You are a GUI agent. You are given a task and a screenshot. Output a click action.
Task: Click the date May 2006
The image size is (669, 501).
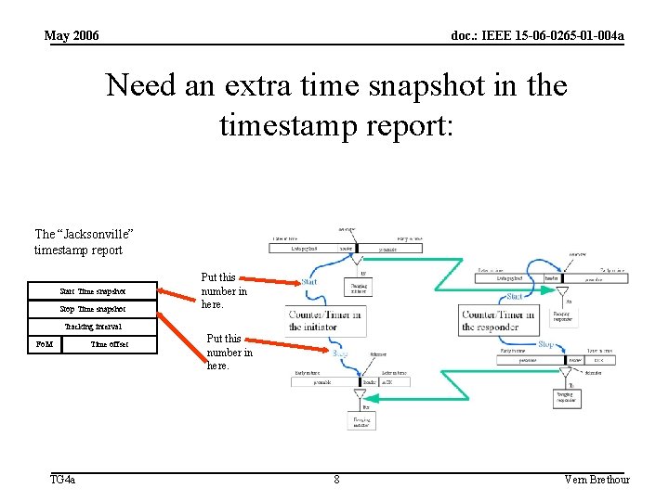click(x=72, y=36)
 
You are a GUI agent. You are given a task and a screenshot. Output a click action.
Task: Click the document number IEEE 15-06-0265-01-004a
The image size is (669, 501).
click(x=537, y=36)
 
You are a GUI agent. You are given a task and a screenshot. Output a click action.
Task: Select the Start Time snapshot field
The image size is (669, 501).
click(x=93, y=291)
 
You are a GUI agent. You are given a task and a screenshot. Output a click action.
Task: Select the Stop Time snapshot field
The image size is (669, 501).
click(x=93, y=309)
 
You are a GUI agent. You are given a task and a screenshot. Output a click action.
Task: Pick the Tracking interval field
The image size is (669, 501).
click(x=93, y=327)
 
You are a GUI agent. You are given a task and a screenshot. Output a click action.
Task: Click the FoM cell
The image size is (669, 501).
click(x=44, y=344)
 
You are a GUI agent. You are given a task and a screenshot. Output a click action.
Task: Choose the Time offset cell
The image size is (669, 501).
click(x=110, y=344)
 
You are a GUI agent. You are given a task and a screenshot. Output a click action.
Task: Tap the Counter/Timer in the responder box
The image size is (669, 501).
click(x=499, y=321)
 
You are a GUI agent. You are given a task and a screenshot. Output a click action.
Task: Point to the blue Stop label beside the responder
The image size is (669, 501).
click(x=547, y=345)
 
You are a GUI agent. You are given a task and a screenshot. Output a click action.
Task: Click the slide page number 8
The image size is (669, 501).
click(x=336, y=480)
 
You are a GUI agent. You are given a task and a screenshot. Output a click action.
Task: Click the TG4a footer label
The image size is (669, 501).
click(x=62, y=480)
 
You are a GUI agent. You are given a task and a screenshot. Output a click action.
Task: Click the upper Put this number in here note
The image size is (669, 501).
click(x=224, y=290)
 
